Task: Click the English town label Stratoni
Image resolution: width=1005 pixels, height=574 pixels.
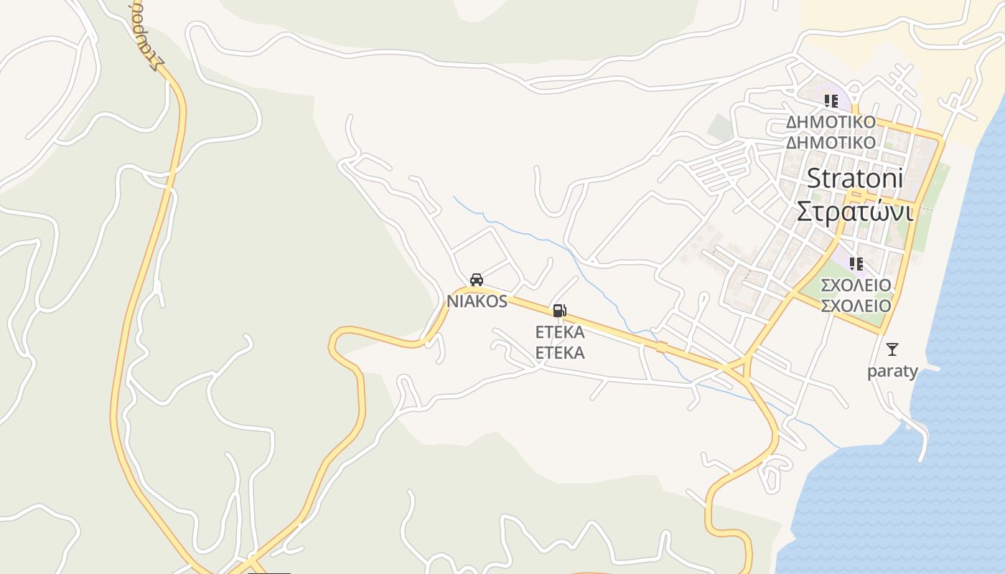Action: [x=855, y=178]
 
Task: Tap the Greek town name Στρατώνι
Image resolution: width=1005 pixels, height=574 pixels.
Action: [x=855, y=212]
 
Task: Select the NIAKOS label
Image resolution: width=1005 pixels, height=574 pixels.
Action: [x=477, y=301]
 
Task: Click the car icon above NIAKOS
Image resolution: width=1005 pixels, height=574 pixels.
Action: [x=476, y=280]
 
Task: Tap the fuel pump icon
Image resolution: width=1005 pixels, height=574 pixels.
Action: [x=559, y=311]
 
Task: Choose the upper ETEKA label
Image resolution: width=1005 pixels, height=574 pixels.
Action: [x=560, y=332]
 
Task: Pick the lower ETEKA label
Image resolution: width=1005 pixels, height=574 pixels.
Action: [x=560, y=352]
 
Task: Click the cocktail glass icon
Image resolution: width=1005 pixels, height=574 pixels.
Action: [x=892, y=349]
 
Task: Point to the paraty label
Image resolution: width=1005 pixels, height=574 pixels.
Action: [x=892, y=371]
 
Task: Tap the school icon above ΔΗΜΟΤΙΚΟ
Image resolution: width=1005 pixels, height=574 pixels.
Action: [x=831, y=101]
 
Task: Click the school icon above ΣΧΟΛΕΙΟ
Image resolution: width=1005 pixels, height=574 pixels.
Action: [x=856, y=264]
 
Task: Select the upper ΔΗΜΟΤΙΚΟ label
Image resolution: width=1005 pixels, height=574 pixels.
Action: [x=831, y=121]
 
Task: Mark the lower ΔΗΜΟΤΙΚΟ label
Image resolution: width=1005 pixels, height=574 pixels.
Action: [x=831, y=142]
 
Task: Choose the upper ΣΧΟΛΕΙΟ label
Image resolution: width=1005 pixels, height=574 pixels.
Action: [x=856, y=285]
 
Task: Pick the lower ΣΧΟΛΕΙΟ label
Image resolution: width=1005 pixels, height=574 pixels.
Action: [x=856, y=306]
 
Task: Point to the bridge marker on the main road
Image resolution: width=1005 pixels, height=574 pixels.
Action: [x=661, y=347]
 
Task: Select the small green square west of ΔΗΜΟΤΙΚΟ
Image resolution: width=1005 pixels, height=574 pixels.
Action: [x=719, y=127]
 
